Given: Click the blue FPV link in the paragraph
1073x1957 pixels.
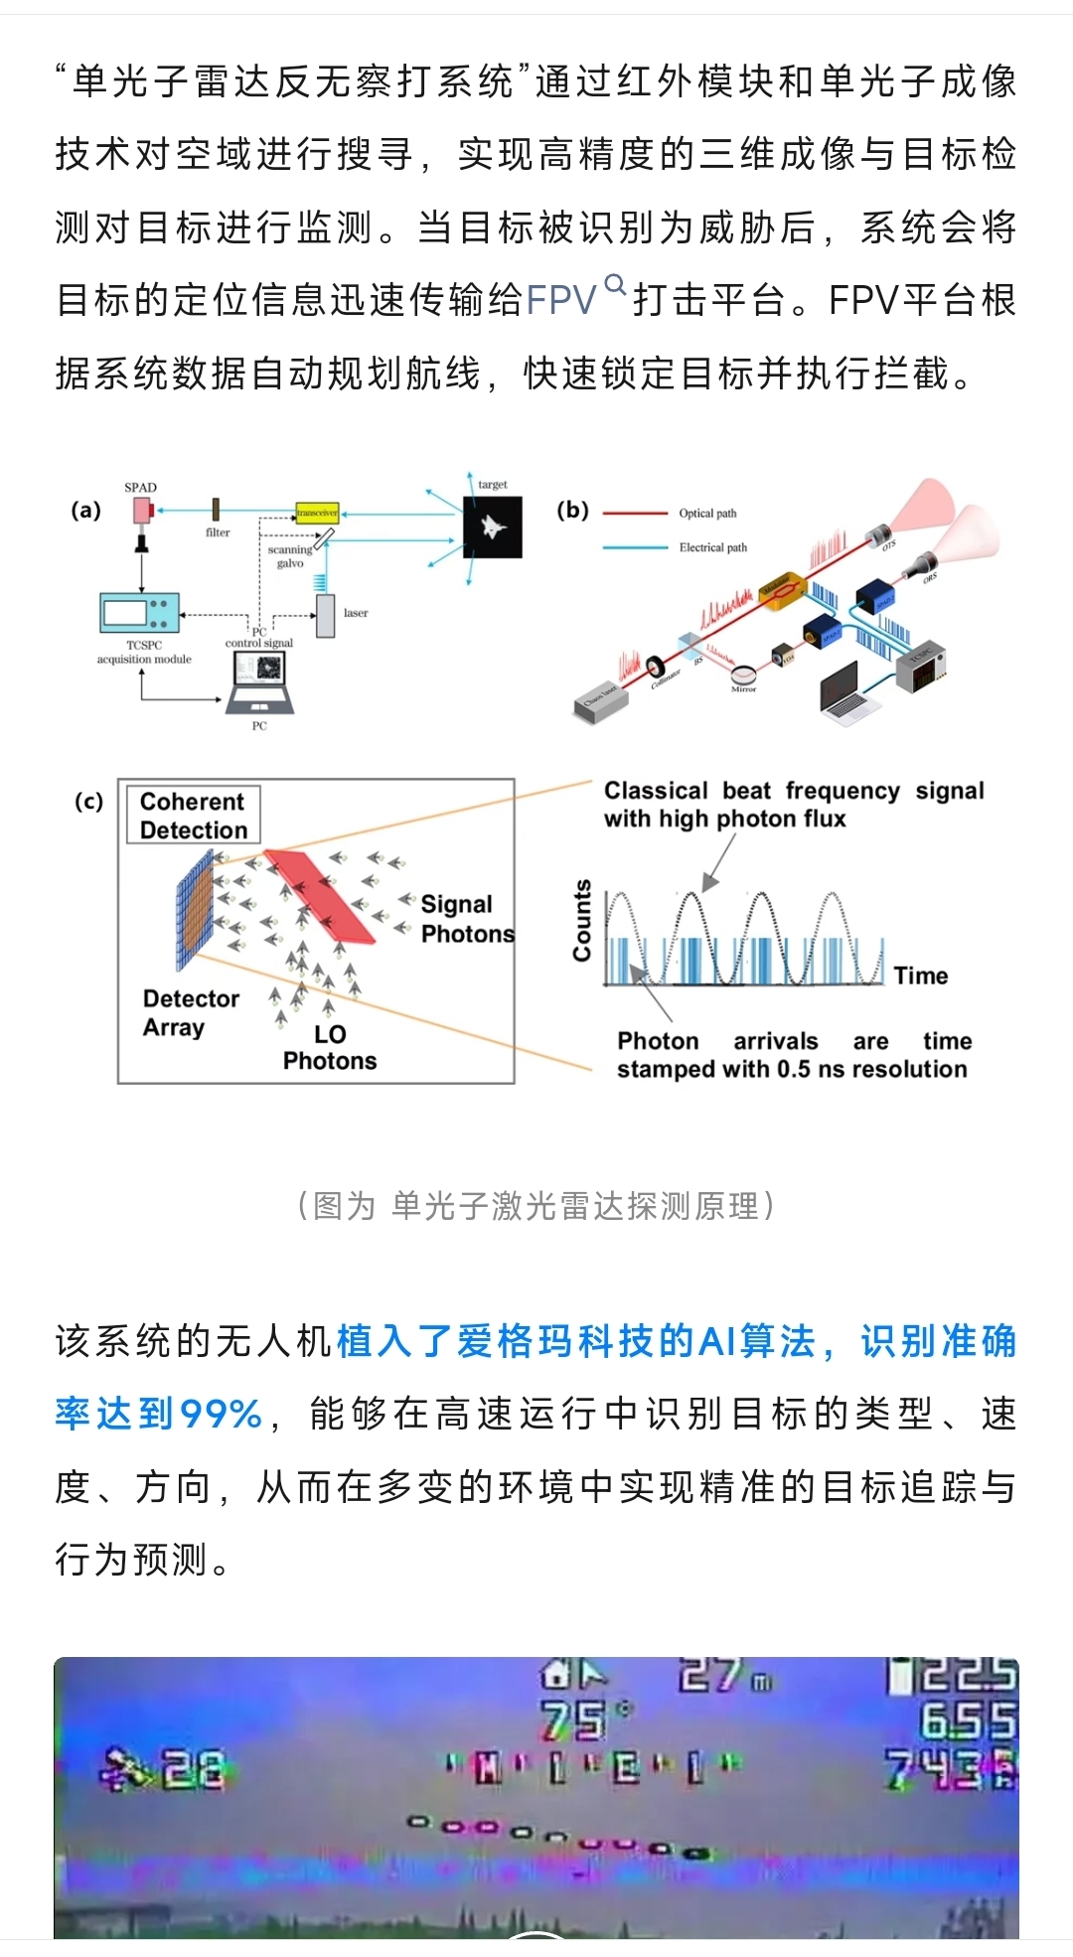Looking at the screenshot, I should [560, 300].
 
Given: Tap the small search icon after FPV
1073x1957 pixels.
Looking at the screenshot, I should [616, 286].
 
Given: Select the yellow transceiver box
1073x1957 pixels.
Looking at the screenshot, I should [318, 513].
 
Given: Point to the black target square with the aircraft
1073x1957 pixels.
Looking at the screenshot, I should [492, 527].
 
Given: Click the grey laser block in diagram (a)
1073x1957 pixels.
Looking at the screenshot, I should [326, 615].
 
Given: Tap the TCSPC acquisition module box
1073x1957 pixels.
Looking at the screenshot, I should [140, 612].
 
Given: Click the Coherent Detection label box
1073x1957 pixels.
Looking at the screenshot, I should [194, 816].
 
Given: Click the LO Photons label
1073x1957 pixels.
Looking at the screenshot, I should [330, 1048].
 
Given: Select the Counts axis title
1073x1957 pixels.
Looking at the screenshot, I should [582, 920].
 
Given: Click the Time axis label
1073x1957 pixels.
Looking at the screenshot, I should [921, 976].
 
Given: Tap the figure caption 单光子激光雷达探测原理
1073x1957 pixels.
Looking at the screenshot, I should [536, 1206].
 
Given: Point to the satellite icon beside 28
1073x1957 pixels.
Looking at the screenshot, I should [123, 1770].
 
